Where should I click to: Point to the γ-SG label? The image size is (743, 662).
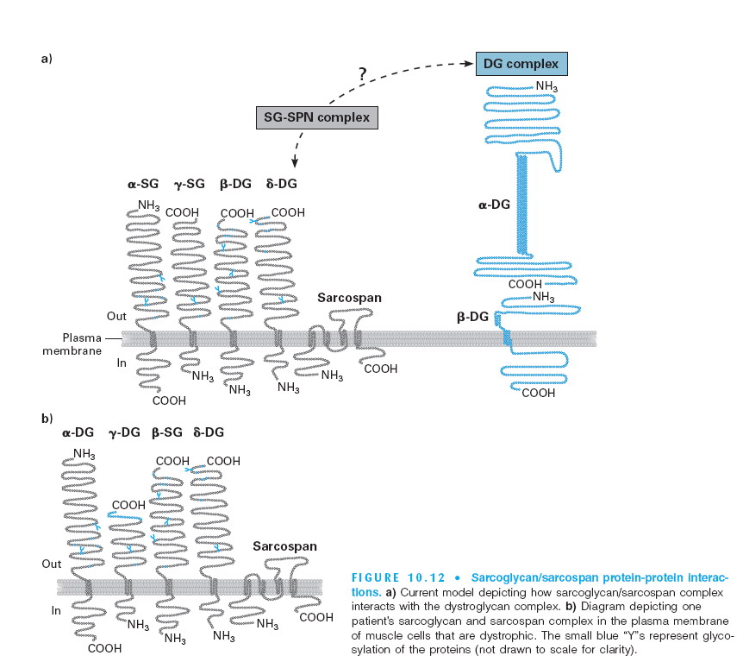[188, 184]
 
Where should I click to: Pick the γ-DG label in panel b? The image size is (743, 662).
[125, 432]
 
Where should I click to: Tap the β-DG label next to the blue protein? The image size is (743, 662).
[472, 318]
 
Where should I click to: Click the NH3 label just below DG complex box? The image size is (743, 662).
[546, 86]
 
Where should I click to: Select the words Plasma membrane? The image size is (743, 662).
[74, 344]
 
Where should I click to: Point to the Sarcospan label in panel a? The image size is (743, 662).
[349, 298]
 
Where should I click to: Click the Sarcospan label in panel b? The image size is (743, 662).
[284, 546]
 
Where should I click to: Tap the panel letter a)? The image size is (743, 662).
[47, 59]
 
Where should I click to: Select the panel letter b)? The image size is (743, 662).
[47, 418]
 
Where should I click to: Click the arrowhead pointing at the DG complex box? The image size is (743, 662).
[471, 63]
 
